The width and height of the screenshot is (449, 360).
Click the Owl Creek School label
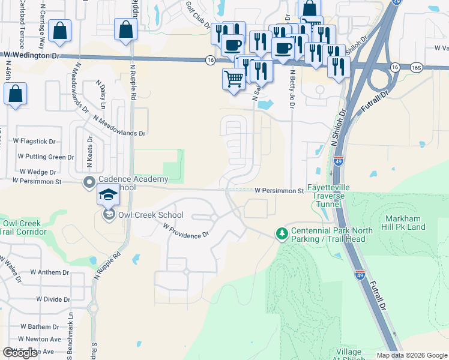point(151,215)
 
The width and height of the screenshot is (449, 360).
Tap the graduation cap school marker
point(109,194)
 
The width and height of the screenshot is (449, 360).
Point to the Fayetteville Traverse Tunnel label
point(328,196)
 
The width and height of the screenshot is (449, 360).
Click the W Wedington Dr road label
point(32,55)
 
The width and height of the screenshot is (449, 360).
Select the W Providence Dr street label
point(185,231)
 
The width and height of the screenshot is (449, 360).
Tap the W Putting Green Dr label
point(44,157)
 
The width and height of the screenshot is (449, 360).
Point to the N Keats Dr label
point(90,148)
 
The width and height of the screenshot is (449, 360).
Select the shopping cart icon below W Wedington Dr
point(234,78)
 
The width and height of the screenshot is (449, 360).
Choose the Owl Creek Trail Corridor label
point(21,227)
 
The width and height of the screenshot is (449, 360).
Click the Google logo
point(20,352)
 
